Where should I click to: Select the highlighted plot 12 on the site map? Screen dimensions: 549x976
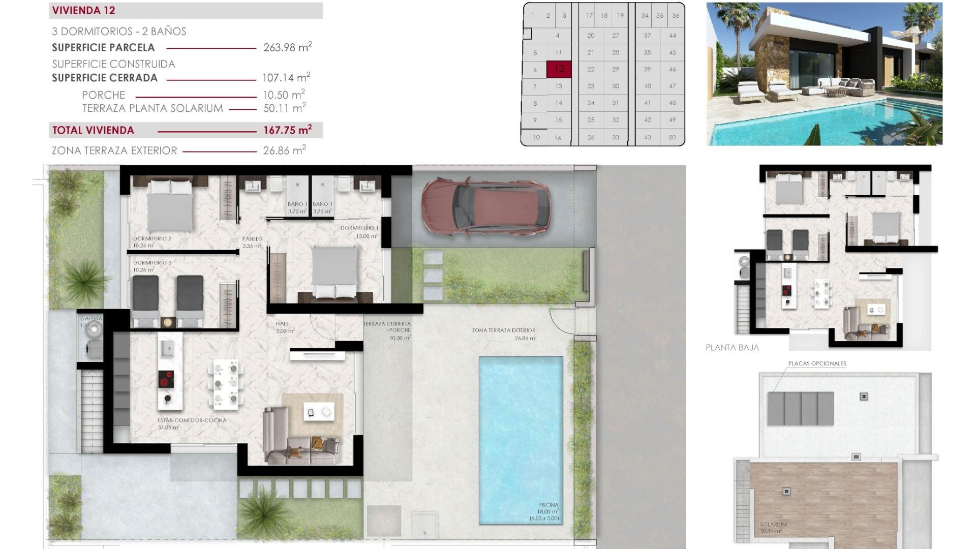click(x=559, y=69)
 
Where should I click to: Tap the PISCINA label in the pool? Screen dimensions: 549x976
click(x=548, y=505)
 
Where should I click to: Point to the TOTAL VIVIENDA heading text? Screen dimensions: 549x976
click(x=93, y=130)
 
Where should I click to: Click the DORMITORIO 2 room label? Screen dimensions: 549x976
click(x=152, y=238)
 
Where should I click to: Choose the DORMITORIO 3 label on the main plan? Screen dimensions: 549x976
click(x=152, y=263)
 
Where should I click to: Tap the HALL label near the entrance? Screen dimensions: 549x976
click(x=282, y=324)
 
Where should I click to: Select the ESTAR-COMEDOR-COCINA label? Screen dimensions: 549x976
click(x=192, y=420)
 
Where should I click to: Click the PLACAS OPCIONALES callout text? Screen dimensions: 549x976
click(x=817, y=363)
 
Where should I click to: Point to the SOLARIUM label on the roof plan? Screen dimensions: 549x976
click(x=773, y=524)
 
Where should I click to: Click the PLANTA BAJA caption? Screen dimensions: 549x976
click(x=732, y=348)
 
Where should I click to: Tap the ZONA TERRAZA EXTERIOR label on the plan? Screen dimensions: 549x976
click(x=503, y=330)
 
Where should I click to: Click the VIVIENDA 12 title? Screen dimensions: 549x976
click(x=83, y=11)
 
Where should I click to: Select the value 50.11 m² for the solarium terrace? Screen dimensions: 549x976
click(x=284, y=108)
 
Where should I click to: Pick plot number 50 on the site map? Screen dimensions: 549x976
click(x=672, y=137)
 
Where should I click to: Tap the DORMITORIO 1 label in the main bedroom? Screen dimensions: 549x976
click(x=359, y=228)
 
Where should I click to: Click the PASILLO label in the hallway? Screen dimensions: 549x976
click(x=252, y=239)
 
